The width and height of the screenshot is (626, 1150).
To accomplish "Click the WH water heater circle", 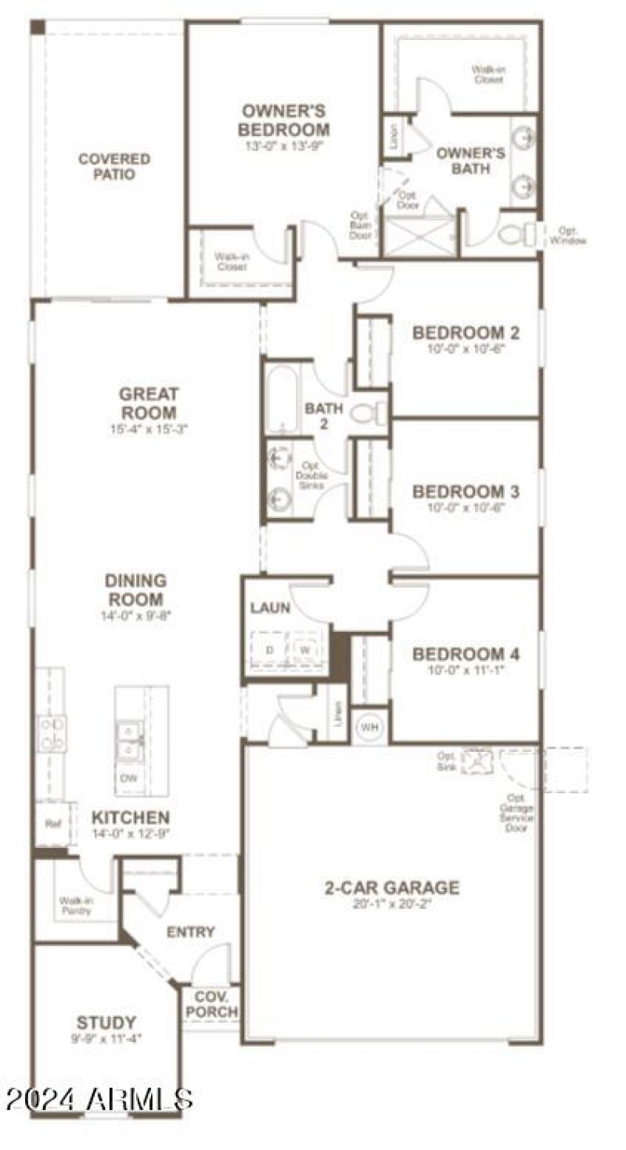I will [369, 727].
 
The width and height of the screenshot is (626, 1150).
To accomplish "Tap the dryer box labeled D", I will [270, 650].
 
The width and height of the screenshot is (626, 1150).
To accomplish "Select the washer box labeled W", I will [306, 650].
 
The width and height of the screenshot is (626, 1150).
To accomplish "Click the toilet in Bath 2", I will [368, 412].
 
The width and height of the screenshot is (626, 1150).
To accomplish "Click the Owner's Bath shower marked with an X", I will [419, 235].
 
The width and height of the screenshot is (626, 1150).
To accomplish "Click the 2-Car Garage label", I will [392, 888].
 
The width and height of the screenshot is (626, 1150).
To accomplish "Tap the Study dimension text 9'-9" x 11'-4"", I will [106, 1039].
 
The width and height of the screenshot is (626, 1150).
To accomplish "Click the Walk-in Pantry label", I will [76, 906].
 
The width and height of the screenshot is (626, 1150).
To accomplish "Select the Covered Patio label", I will [114, 167].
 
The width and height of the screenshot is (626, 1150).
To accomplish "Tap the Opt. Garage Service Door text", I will [517, 812].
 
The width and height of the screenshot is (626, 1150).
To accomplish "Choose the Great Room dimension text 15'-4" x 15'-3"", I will [149, 429].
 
